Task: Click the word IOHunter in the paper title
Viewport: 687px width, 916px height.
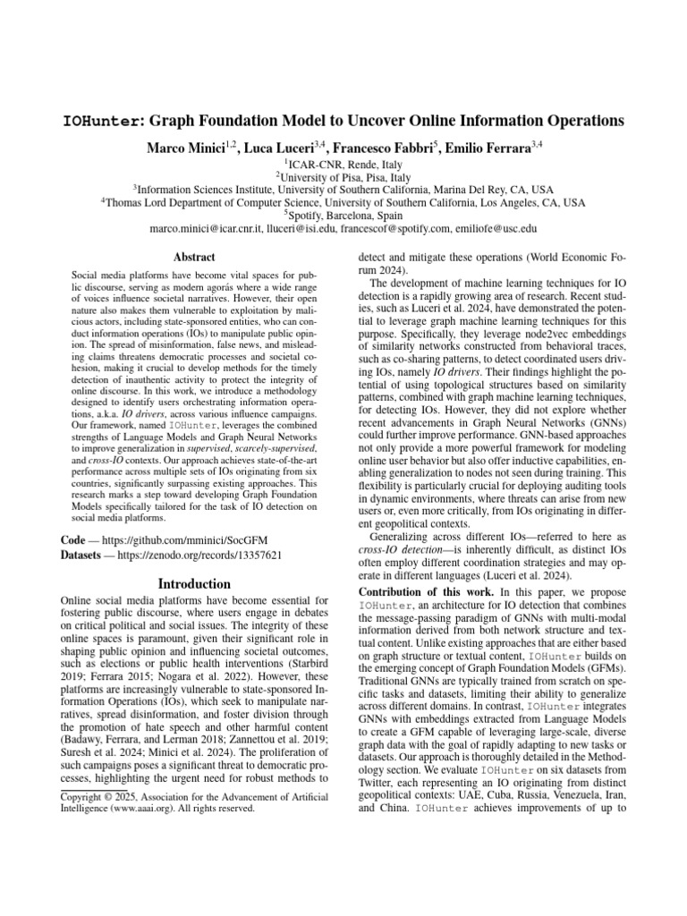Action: point(100,121)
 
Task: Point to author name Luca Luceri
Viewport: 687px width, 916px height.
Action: point(275,147)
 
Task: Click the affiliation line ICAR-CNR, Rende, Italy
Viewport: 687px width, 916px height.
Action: point(344,165)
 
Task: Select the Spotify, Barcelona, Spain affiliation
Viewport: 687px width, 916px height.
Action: point(344,216)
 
